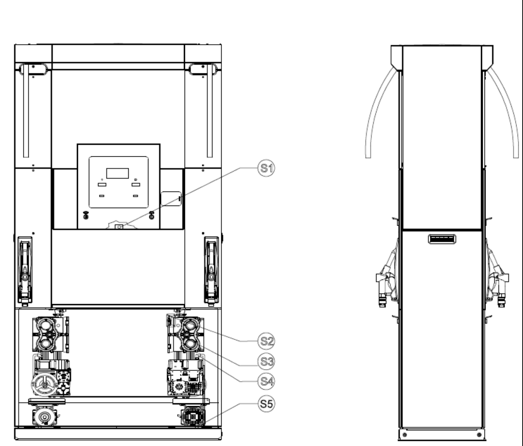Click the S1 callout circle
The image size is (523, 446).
pyautogui.click(x=266, y=168)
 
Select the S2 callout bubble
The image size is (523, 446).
pyautogui.click(x=266, y=341)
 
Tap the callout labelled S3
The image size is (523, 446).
pyautogui.click(x=266, y=362)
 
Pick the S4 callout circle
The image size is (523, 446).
pyautogui.click(x=266, y=381)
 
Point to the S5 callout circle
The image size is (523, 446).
pyautogui.click(x=266, y=404)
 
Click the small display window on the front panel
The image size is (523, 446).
pyautogui.click(x=117, y=173)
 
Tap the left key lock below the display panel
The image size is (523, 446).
pyautogui.click(x=86, y=215)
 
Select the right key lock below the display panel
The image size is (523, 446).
pyautogui.click(x=152, y=215)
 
